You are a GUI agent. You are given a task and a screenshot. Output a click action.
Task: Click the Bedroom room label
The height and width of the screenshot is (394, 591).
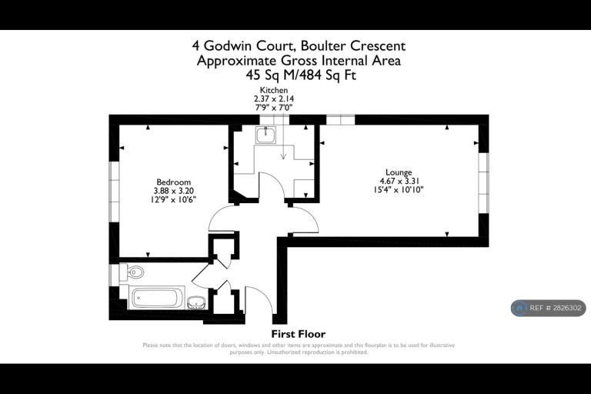tap(173, 182)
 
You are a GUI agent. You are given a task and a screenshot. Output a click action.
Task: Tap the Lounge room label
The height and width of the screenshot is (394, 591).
tap(399, 172)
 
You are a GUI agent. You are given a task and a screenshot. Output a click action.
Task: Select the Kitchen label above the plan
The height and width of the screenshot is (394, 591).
tap(274, 90)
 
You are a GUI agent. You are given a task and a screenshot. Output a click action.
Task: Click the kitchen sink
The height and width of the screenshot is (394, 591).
tap(265, 135)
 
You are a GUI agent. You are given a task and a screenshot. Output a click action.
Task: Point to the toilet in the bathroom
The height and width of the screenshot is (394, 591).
tap(132, 272)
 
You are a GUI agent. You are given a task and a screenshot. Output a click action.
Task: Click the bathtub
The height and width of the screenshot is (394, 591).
tap(157, 297)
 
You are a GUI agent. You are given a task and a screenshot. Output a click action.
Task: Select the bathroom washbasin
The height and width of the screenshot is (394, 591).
tap(196, 302)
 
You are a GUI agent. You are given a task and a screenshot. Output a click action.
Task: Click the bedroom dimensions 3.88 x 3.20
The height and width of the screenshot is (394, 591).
tap(173, 191)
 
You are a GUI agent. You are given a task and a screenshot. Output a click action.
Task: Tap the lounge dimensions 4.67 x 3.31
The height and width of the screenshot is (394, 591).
tap(399, 181)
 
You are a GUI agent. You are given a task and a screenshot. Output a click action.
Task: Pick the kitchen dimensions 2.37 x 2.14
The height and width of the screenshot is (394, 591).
tap(274, 98)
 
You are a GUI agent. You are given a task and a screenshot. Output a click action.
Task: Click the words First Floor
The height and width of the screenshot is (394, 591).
tap(298, 334)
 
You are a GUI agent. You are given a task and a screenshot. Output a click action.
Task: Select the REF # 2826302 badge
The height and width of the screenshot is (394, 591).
tap(549, 308)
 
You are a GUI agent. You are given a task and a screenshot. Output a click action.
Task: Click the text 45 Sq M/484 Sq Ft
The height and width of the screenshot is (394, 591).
tap(301, 75)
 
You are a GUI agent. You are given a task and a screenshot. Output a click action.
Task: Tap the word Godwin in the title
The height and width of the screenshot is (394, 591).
tap(229, 45)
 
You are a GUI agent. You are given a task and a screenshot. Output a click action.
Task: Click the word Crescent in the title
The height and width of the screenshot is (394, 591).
tap(378, 45)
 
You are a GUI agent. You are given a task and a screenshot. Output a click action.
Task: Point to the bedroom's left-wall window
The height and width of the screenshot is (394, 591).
tap(114, 192)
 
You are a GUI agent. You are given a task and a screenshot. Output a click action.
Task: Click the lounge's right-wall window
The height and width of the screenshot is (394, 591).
tap(483, 183)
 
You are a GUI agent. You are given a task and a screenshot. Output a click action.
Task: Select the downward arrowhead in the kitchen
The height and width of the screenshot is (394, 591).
tap(283, 156)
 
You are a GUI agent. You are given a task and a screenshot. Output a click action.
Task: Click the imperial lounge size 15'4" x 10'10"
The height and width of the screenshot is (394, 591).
tap(399, 189)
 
